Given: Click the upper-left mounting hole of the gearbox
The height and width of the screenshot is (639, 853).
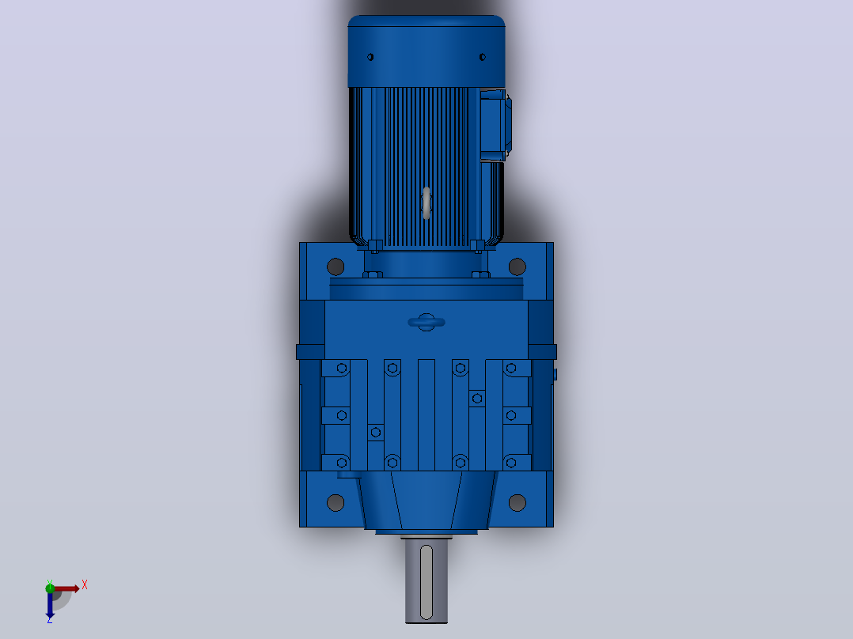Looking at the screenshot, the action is (x=336, y=267).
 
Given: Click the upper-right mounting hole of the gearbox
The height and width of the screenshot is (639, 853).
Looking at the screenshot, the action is (x=517, y=267).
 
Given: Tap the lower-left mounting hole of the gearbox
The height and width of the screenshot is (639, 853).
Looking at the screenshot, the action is (x=336, y=502).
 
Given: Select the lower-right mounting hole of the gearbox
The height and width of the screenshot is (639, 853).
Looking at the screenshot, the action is (x=517, y=502).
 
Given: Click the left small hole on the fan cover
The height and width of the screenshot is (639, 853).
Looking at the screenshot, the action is (x=370, y=57).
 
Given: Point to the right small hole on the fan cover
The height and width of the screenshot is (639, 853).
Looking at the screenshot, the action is (x=483, y=57).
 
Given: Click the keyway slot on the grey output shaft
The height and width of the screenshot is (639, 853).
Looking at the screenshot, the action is (x=426, y=582).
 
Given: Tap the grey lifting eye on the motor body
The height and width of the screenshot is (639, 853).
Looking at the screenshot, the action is (x=426, y=203).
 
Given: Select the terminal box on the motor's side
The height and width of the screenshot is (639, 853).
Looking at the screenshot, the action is (x=495, y=125).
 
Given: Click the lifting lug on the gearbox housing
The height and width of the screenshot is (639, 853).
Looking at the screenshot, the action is (x=426, y=322).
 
